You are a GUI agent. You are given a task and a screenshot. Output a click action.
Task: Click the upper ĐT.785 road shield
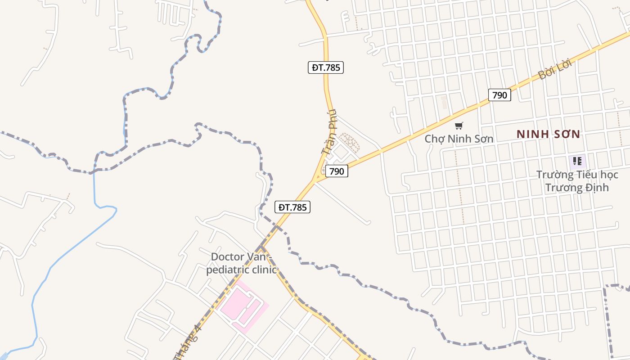click(x=326, y=67)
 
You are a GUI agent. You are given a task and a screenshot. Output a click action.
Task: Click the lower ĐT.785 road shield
click(x=292, y=207)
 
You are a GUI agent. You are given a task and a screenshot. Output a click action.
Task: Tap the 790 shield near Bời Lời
click(x=499, y=95)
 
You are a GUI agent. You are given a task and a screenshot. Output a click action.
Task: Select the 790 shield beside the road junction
click(x=337, y=171)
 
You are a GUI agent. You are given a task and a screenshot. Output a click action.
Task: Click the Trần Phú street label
click(x=330, y=133)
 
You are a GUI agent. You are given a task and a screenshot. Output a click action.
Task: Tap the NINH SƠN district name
click(x=549, y=134)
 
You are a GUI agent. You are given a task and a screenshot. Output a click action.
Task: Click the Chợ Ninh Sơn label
click(x=459, y=139)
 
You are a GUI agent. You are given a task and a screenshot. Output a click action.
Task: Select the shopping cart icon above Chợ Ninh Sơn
click(x=459, y=126)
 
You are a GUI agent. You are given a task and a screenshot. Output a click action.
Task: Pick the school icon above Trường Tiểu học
click(x=577, y=161)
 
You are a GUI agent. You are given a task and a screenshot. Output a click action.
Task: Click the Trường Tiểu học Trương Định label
click(x=577, y=181)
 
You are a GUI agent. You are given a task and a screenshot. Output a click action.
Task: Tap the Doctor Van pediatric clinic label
click(x=242, y=263)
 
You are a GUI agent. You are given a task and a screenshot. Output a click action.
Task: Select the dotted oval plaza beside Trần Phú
click(x=349, y=142)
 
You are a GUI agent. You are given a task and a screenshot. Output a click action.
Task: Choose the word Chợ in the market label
click(x=434, y=139)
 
